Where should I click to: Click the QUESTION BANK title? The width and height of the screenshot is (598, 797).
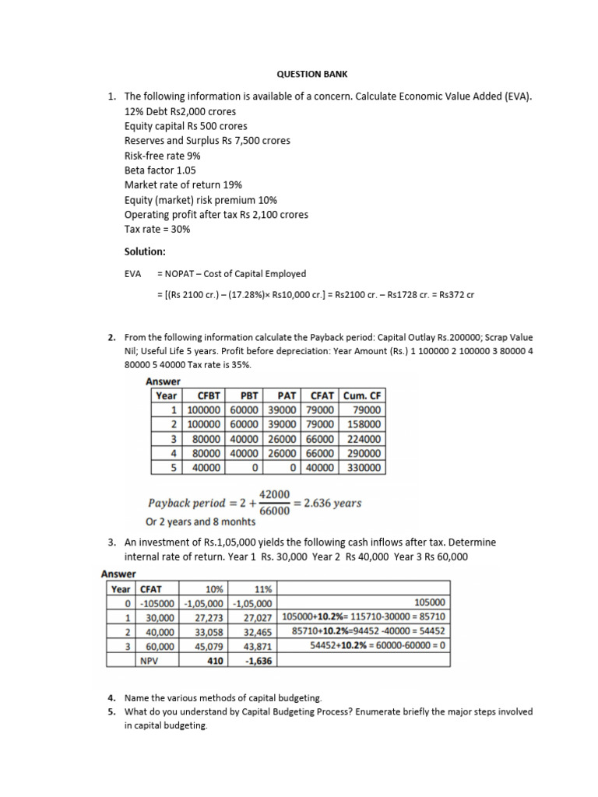(313, 74)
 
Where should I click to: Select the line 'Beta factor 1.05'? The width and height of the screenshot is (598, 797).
(160, 170)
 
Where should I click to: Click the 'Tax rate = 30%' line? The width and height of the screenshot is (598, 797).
(157, 229)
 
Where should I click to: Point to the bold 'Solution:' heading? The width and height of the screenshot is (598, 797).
(146, 251)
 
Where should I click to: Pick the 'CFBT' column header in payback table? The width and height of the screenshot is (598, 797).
(205, 395)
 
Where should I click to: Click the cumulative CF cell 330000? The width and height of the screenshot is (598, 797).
(364, 467)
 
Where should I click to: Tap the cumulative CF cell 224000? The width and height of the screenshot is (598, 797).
(364, 438)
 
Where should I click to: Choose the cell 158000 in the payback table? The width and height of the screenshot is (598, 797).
(364, 424)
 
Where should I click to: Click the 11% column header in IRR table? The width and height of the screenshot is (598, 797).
(261, 588)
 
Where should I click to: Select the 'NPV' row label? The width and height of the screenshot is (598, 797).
(148, 660)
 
